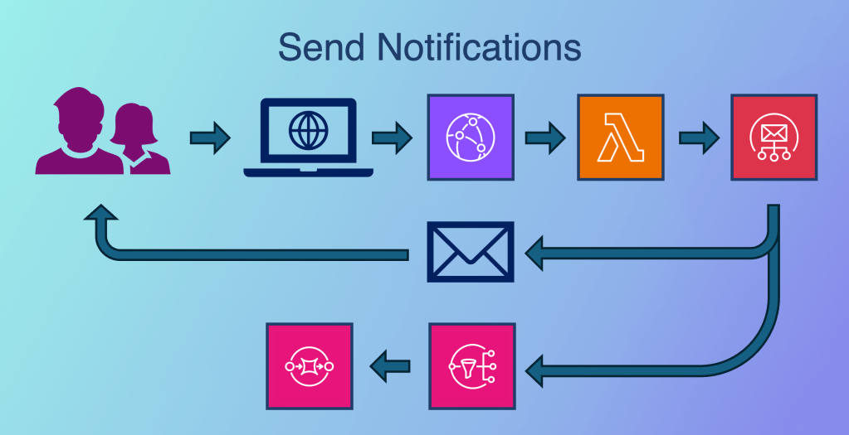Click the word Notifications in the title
tap(479, 47)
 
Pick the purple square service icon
tap(470, 138)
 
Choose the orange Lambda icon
tap(620, 138)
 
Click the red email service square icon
tap(773, 138)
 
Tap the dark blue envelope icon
tap(470, 252)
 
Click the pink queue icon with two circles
tap(310, 365)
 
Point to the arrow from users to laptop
tap(210, 138)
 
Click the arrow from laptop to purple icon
tap(392, 138)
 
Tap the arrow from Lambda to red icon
tap(698, 138)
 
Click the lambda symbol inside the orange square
tap(620, 138)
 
